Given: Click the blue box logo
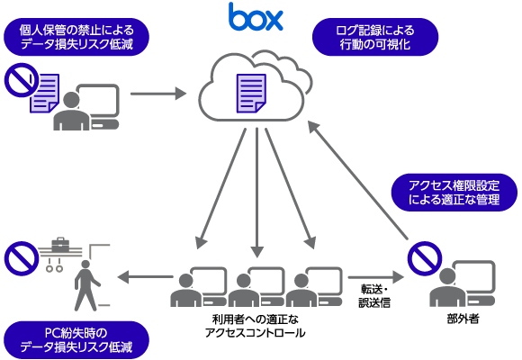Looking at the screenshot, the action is tap(256, 16).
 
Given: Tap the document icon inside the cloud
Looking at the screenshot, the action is tap(251, 94).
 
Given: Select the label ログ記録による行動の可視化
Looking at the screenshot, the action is tap(375, 37).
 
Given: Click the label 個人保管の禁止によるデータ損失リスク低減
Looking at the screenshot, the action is tap(76, 37).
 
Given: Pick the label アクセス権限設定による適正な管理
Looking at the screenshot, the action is tap(454, 193).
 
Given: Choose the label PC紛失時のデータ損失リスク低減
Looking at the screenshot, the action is tap(76, 340).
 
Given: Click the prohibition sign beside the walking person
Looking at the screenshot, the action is tap(22, 259).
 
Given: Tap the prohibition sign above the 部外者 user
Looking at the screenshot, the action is tap(425, 259).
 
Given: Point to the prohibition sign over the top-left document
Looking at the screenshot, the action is tap(22, 80).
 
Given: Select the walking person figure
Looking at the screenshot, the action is tap(86, 285).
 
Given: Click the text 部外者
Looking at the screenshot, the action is tap(463, 319).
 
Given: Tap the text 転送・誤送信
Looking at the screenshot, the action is tap(374, 296).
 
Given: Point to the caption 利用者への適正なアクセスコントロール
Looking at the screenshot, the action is tap(256, 326).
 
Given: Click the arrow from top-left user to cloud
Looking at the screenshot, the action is tap(158, 94).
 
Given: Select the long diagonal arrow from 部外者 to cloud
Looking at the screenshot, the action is tap(358, 180).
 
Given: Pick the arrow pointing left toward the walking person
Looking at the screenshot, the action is tap(145, 276).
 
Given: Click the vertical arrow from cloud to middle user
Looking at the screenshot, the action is tap(257, 193).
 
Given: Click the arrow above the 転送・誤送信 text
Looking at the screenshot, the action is tap(376, 277).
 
